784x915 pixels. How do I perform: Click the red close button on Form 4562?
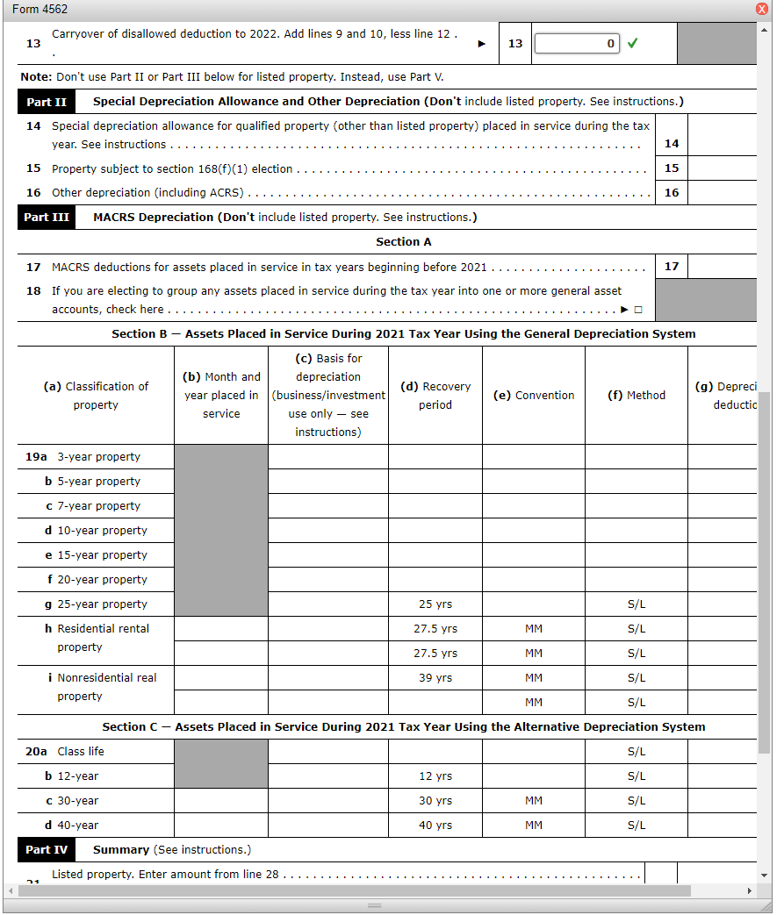coord(762,9)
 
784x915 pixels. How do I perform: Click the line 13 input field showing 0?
coord(577,43)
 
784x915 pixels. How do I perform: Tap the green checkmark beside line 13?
coord(632,43)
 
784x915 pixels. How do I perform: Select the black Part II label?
coord(46,102)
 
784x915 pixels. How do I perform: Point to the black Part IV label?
coord(47,849)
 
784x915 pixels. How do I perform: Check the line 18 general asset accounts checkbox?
coord(638,310)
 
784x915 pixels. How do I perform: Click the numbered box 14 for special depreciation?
coord(672,144)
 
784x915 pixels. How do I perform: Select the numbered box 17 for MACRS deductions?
coord(672,266)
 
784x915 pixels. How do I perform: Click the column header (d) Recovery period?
coord(435,396)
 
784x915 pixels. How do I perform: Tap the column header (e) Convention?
coord(534,396)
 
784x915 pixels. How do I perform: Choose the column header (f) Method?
coord(637,396)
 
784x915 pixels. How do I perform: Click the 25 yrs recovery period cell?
coord(435,604)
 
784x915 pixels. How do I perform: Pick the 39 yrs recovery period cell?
coord(435,678)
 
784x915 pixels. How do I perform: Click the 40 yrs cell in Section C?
coord(435,826)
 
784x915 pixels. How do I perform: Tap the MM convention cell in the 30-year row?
coord(534,801)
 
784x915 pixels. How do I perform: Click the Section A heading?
coord(404,241)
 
